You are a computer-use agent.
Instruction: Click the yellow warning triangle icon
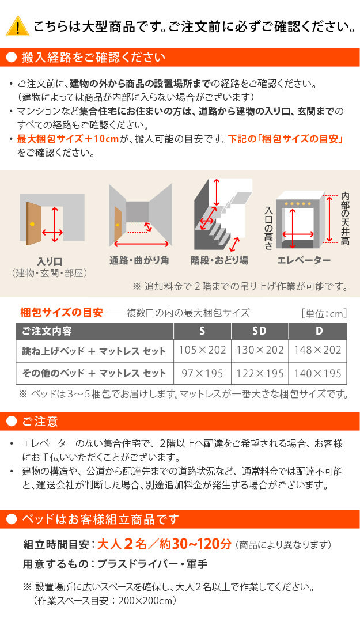(x=17, y=26)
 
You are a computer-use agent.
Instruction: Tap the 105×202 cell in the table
(x=202, y=351)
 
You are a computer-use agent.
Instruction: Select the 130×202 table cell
(x=260, y=351)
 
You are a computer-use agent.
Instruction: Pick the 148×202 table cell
(x=317, y=351)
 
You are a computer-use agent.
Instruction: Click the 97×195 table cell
(x=202, y=373)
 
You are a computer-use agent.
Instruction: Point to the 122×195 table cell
(x=260, y=373)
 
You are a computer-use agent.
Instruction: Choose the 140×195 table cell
(x=317, y=373)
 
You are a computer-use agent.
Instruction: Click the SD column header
(x=260, y=331)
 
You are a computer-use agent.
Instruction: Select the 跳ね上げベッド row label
(x=94, y=351)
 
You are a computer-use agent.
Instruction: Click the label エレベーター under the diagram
(x=304, y=260)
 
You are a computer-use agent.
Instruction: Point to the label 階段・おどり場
(x=219, y=260)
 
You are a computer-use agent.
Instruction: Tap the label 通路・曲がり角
(x=139, y=260)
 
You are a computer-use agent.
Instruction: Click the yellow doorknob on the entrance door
(x=32, y=223)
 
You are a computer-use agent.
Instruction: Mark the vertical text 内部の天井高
(x=345, y=219)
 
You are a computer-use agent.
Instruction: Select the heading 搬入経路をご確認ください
(x=93, y=58)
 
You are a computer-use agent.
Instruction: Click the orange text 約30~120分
(x=195, y=544)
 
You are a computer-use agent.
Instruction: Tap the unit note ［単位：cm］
(x=324, y=314)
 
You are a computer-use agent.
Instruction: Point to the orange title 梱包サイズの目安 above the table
(x=62, y=313)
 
